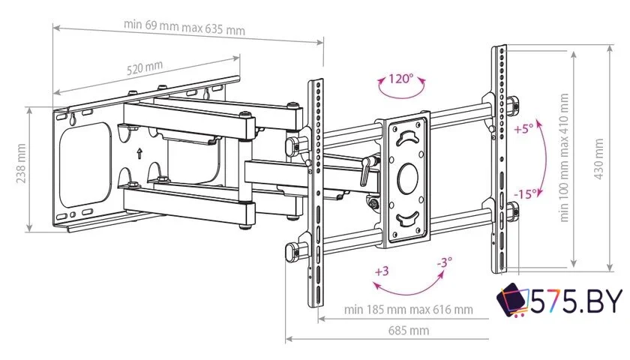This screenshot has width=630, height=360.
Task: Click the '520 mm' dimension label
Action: (x=145, y=67)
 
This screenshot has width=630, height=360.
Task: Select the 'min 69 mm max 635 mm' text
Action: (x=184, y=27)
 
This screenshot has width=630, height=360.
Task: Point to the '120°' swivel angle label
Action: (x=400, y=79)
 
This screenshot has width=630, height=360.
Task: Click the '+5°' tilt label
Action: (x=523, y=128)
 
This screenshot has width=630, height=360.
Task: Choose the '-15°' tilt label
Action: (x=524, y=193)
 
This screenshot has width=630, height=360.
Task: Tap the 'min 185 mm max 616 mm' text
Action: (x=409, y=309)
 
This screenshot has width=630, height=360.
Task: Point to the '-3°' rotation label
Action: (x=444, y=263)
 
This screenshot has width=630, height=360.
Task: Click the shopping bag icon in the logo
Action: (x=514, y=301)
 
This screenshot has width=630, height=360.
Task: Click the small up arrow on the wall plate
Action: (x=139, y=155)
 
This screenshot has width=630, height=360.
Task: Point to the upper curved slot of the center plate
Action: (x=407, y=137)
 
